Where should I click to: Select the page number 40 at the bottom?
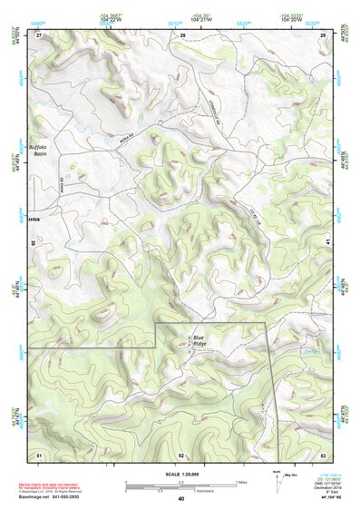point(181,499)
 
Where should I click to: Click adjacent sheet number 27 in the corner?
point(39,34)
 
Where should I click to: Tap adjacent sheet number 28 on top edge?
point(182,34)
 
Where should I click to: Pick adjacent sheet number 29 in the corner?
point(323,34)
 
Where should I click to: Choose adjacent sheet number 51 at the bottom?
point(39,454)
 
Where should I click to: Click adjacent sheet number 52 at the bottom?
point(181,454)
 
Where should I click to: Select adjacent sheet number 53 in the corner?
point(323,454)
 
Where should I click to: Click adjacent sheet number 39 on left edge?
point(35,243)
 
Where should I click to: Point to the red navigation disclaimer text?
point(54,487)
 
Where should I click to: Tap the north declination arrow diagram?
point(278,481)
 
